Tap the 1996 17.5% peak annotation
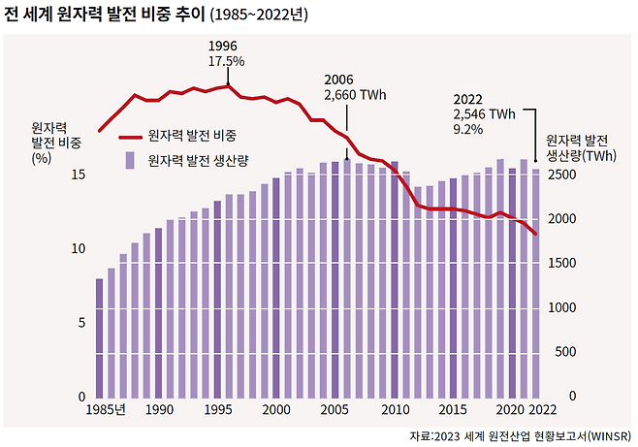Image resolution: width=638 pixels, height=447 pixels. coord(226,53)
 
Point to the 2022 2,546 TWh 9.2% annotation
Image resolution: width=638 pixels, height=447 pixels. coord(484,112)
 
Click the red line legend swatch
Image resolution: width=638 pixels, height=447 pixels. coord(123,138)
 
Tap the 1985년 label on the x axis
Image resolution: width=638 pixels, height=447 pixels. coord(104,410)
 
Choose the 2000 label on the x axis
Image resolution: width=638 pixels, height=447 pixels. coord(276,410)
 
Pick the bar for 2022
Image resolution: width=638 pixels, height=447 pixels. coord(536,283)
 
